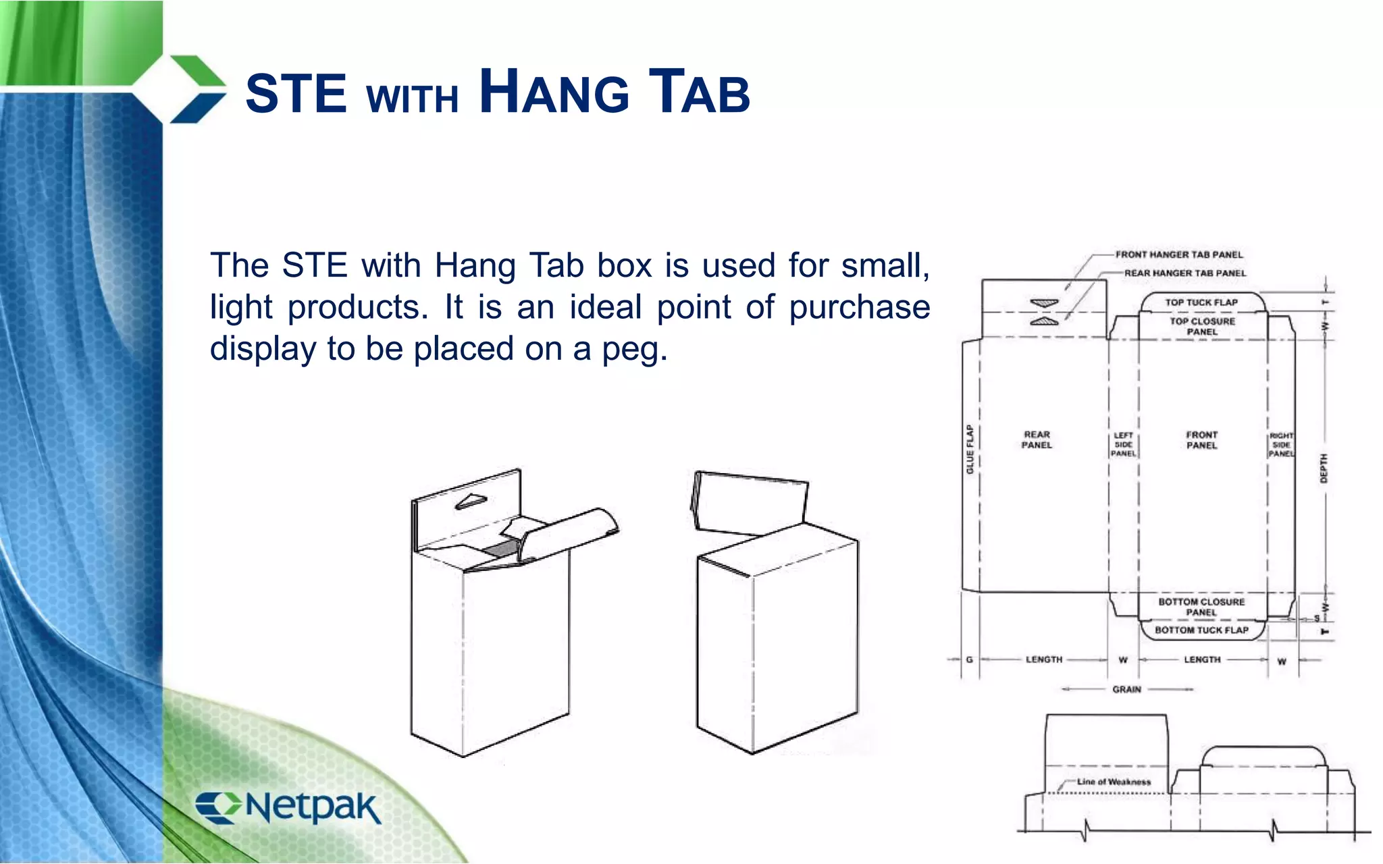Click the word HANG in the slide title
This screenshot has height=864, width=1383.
(554, 93)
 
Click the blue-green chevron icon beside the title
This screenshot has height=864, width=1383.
(196, 90)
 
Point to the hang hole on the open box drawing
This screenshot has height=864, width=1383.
(471, 501)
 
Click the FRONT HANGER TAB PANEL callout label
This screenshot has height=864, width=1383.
(1178, 254)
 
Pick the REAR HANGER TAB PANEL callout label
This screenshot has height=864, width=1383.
(1184, 273)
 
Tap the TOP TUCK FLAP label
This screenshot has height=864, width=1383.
(1201, 302)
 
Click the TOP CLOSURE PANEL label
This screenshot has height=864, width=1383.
(1202, 326)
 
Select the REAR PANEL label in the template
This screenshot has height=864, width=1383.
(1037, 439)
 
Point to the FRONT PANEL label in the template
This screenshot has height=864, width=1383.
(1201, 439)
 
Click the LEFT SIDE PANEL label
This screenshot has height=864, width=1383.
(1124, 445)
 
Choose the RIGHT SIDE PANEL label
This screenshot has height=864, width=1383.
(1281, 445)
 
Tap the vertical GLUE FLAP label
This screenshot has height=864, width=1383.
(970, 449)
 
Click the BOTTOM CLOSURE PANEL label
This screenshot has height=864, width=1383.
(1201, 607)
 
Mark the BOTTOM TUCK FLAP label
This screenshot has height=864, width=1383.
(1201, 630)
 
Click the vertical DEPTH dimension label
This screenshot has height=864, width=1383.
(1324, 468)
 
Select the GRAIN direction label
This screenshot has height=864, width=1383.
(1126, 689)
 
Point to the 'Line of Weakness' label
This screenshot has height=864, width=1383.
(1114, 782)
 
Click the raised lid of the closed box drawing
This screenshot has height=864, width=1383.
(750, 503)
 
